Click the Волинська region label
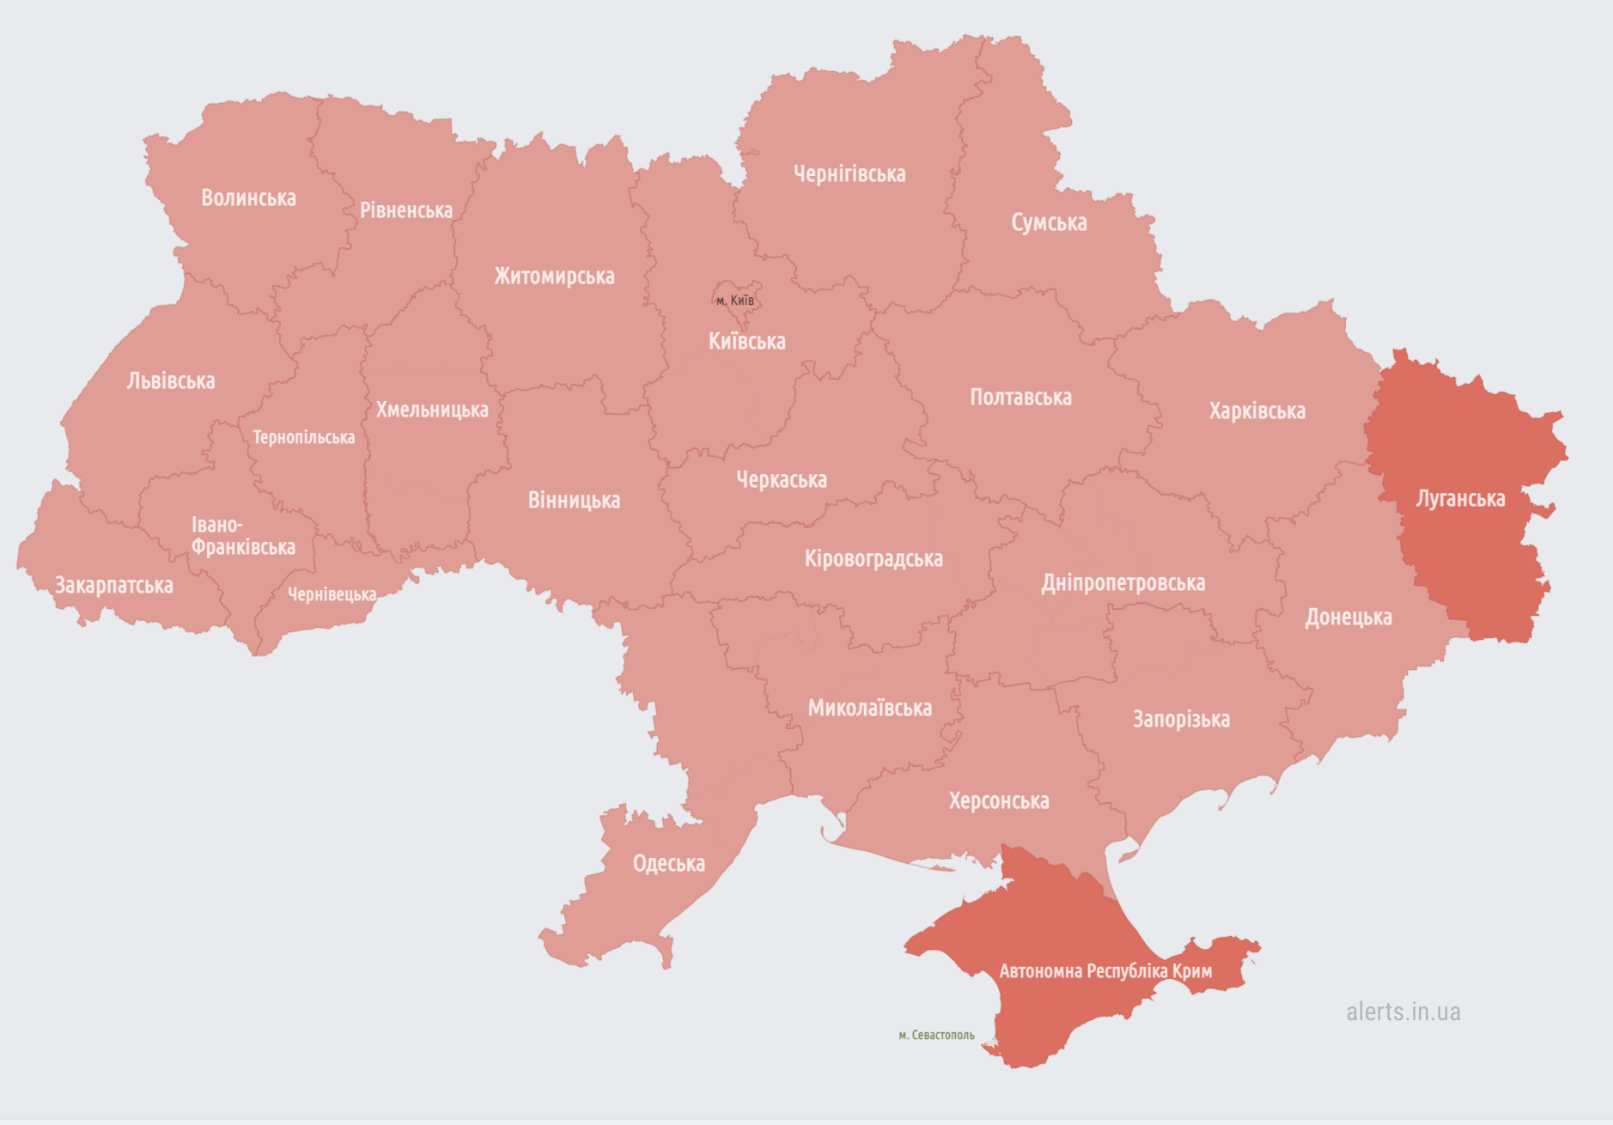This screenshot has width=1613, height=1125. pyautogui.click(x=248, y=198)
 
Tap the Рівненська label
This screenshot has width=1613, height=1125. pyautogui.click(x=405, y=210)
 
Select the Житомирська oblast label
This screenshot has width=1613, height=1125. pyautogui.click(x=554, y=277)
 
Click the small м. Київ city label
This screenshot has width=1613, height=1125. pyautogui.click(x=735, y=301)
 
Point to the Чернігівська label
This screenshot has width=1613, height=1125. pyautogui.click(x=849, y=174)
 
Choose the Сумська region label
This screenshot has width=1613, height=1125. pyautogui.click(x=1049, y=222)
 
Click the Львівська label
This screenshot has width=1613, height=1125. pyautogui.click(x=171, y=381)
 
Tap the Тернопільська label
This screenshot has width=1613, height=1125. pyautogui.click(x=303, y=438)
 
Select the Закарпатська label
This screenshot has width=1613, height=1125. pyautogui.click(x=114, y=586)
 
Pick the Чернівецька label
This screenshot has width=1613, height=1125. pyautogui.click(x=332, y=594)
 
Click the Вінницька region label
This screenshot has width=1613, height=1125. pyautogui.click(x=574, y=501)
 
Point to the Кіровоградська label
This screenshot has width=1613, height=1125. pyautogui.click(x=873, y=559)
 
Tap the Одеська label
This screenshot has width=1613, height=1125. pyautogui.click(x=669, y=864)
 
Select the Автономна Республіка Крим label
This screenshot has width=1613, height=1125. pyautogui.click(x=1105, y=971)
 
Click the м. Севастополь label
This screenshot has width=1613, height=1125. pyautogui.click(x=936, y=1036)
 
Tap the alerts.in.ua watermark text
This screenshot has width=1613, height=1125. pyautogui.click(x=1403, y=1012)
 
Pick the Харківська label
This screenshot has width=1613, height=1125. pyautogui.click(x=1257, y=411)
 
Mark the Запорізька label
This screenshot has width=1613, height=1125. pyautogui.click(x=1181, y=720)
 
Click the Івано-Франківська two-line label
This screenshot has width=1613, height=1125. pyautogui.click(x=242, y=536)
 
